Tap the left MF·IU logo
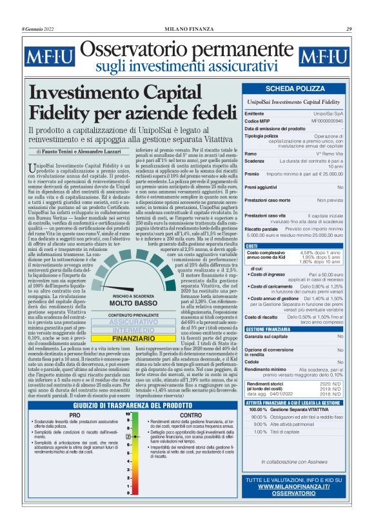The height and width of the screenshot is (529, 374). (x=50, y=57)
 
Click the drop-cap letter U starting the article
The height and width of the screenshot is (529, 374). (x=32, y=169)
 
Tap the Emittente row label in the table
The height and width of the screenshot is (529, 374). (x=255, y=113)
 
